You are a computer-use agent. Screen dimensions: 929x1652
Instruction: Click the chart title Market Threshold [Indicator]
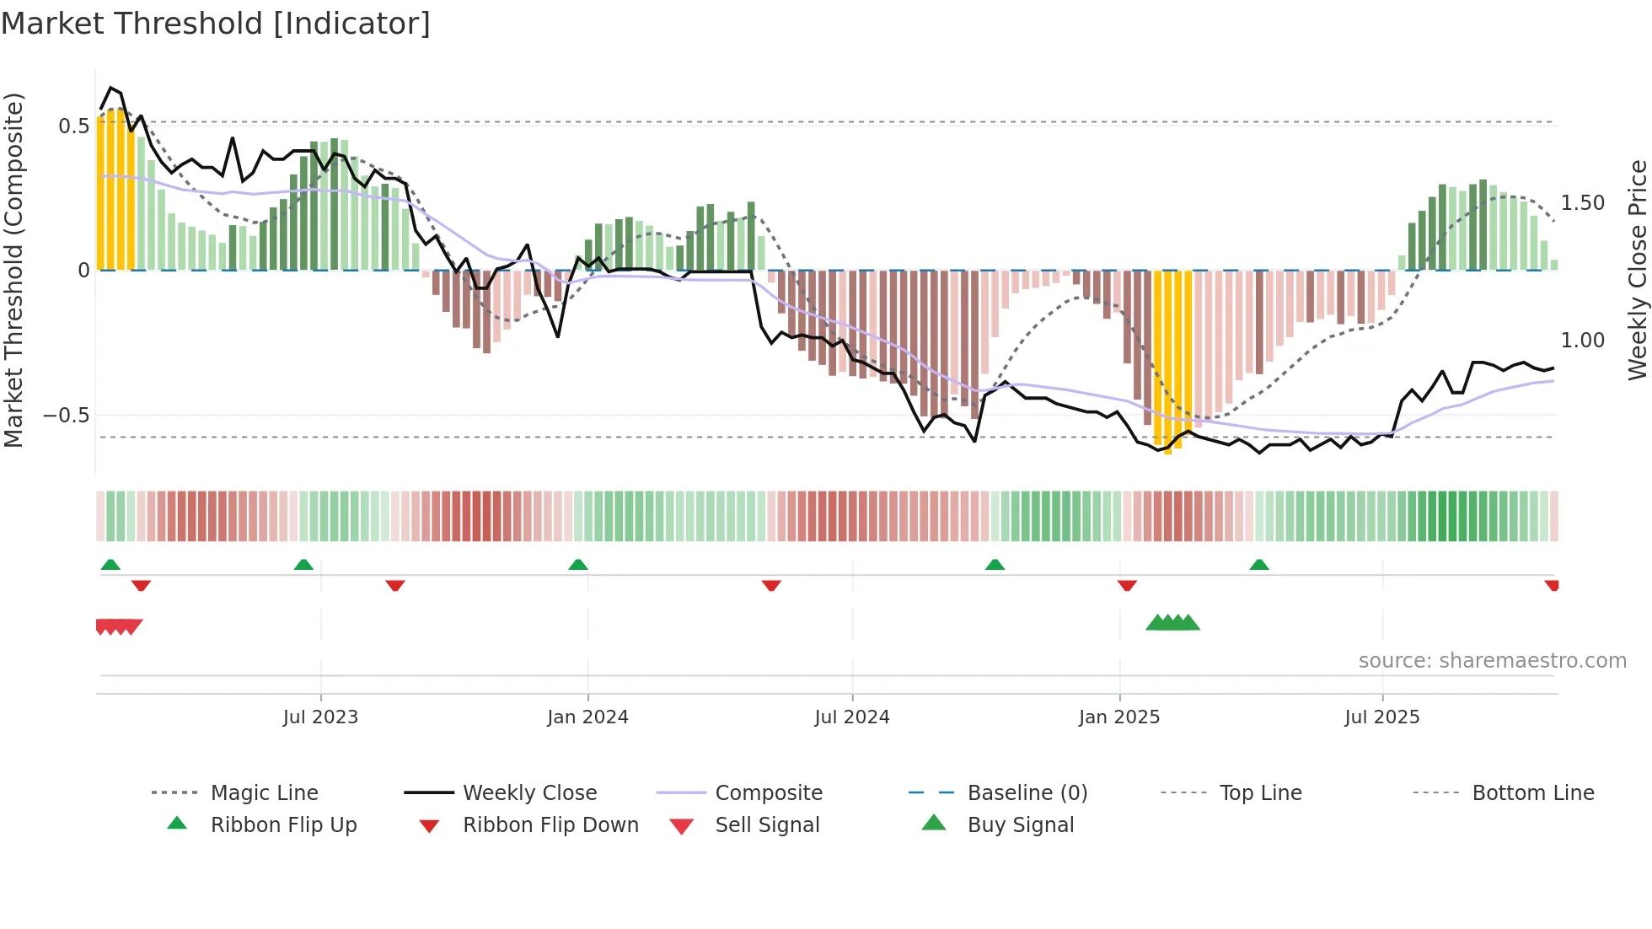click(x=216, y=24)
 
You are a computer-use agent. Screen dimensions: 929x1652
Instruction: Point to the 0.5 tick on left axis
click(x=73, y=126)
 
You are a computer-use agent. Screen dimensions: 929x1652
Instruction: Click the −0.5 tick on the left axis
click(x=66, y=416)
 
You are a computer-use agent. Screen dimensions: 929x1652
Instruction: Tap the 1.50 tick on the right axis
click(x=1582, y=203)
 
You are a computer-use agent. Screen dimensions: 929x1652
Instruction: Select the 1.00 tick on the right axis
click(x=1582, y=341)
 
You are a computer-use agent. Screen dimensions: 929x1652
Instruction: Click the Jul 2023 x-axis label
click(x=320, y=717)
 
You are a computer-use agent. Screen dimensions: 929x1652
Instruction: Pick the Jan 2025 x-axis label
click(x=1118, y=717)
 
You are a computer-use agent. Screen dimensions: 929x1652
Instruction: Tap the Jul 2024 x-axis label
click(x=851, y=717)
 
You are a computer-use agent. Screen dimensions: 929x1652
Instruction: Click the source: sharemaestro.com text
click(x=1492, y=661)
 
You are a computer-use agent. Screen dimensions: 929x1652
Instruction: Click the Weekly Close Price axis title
click(x=1637, y=270)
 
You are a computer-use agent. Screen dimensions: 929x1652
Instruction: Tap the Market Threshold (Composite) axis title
click(x=13, y=270)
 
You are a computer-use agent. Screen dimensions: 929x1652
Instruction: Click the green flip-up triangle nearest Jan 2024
click(x=578, y=565)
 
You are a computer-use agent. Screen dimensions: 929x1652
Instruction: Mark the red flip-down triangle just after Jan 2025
click(x=1127, y=585)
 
